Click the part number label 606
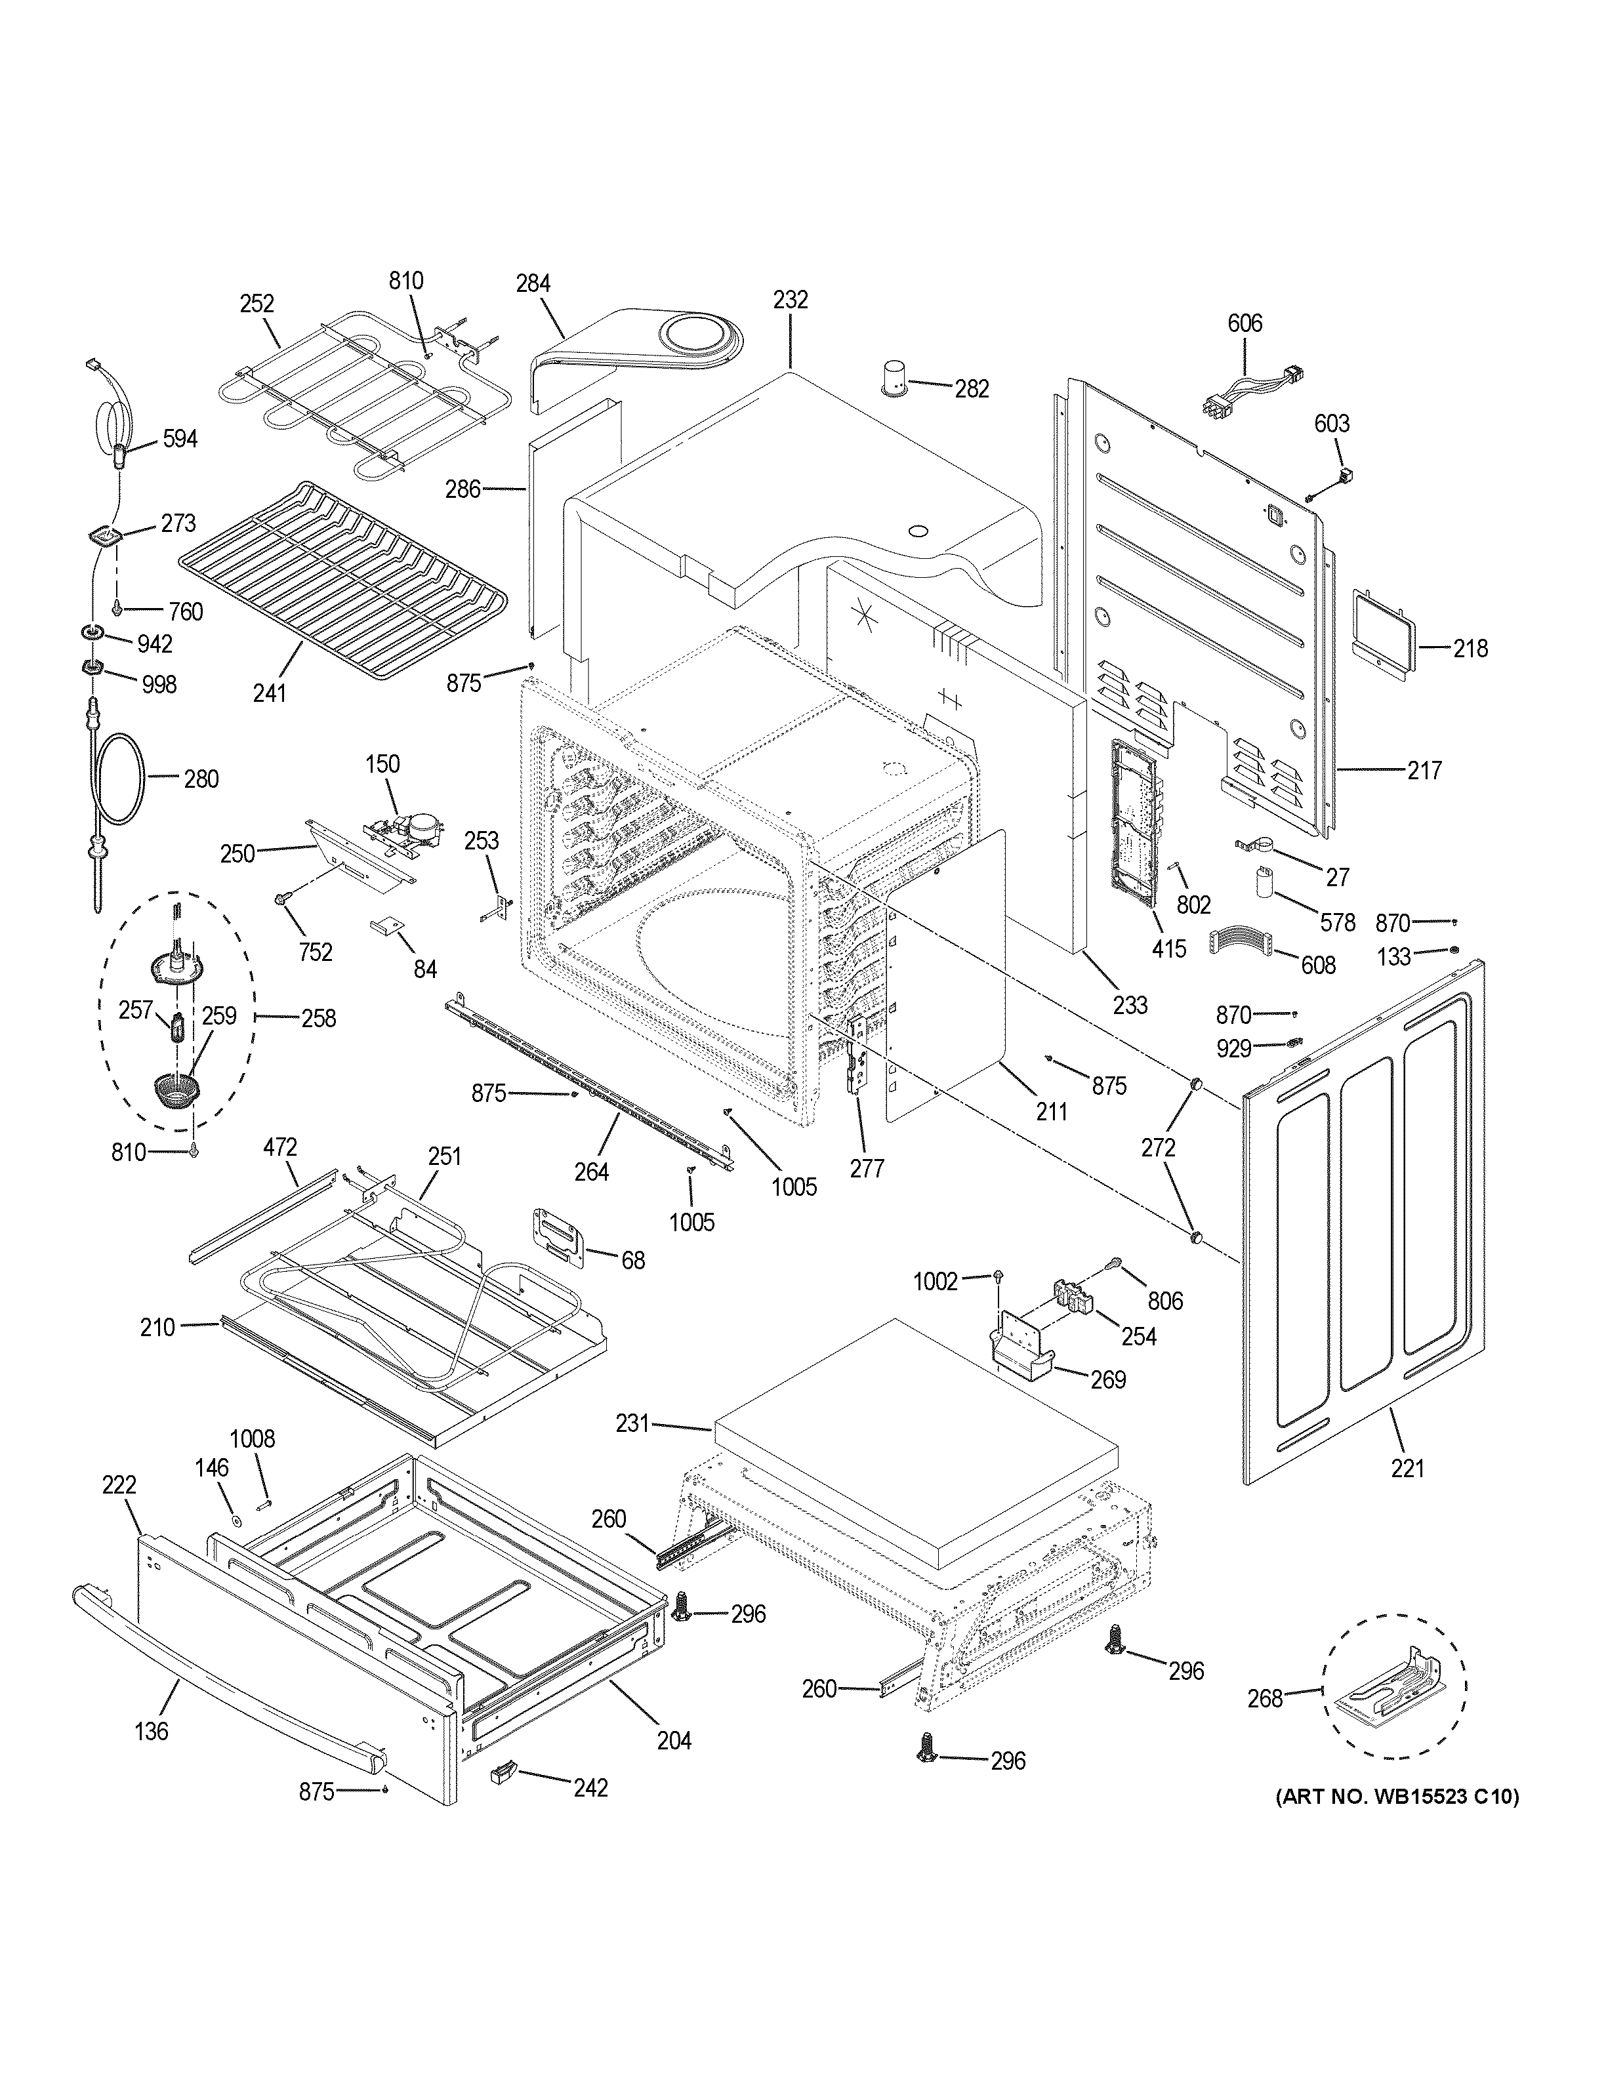[1245, 323]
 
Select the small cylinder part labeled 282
[892, 378]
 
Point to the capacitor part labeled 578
[1264, 882]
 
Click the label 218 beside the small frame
[1470, 649]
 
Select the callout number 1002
[936, 1282]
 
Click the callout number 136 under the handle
[152, 1731]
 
